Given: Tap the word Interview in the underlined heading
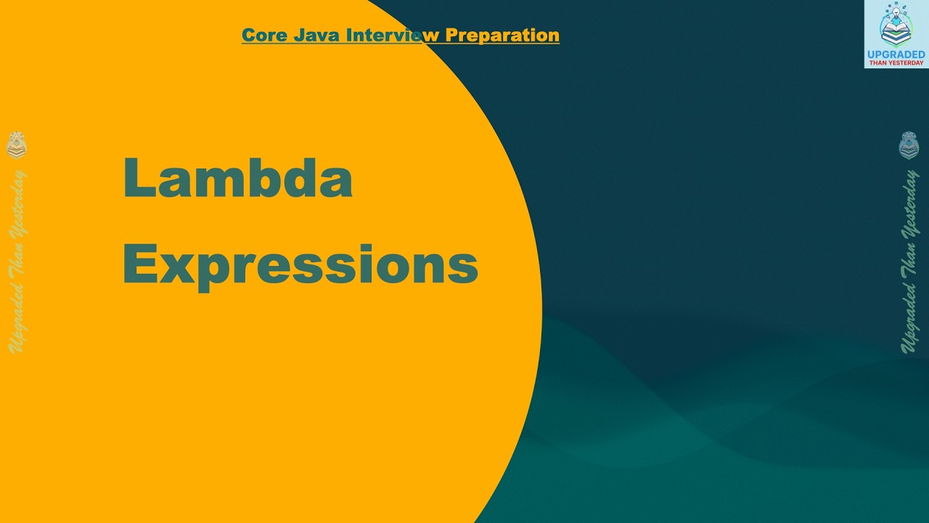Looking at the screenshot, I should pyautogui.click(x=393, y=35).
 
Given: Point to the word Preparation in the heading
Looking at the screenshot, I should pyautogui.click(x=502, y=35).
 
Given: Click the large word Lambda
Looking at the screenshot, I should pyautogui.click(x=237, y=179).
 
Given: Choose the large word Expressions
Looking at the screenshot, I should pyautogui.click(x=300, y=265).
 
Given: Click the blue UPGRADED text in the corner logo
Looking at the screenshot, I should pyautogui.click(x=896, y=54).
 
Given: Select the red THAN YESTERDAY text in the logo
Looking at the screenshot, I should pyautogui.click(x=896, y=63).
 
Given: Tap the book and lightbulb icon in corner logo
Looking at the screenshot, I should pyautogui.click(x=896, y=25).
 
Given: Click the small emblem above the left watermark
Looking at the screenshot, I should pyautogui.click(x=17, y=145).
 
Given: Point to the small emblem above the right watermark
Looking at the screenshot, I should pyautogui.click(x=909, y=145).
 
